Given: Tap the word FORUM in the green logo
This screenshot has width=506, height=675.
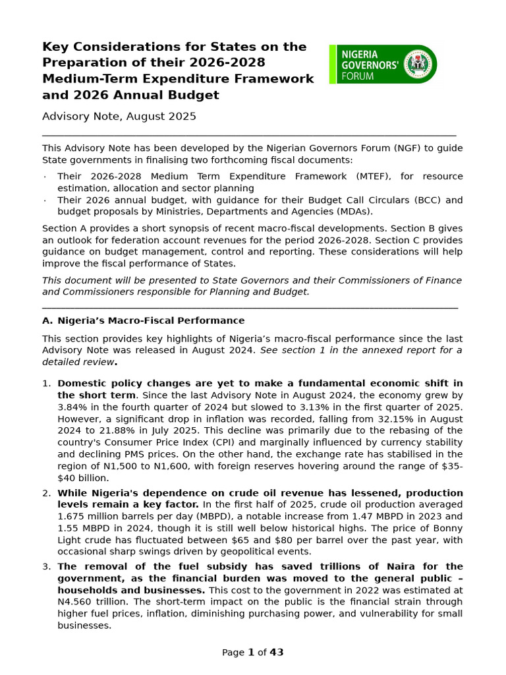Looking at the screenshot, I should [357, 76].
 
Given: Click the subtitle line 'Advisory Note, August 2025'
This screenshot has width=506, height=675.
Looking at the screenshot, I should [119, 117].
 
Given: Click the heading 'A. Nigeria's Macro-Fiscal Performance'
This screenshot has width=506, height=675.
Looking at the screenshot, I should [143, 320].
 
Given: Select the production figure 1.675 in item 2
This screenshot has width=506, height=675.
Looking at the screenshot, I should [72, 517].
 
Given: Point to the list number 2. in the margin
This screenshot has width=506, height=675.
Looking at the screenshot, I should [46, 493].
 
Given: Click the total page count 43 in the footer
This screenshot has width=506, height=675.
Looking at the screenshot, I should [277, 653].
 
